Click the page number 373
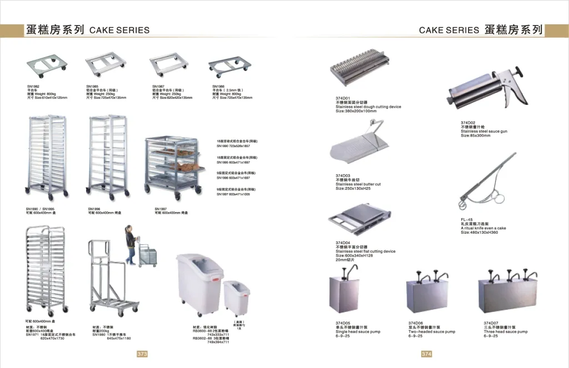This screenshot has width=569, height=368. (142, 354)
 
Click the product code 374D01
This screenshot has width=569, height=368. (343, 98)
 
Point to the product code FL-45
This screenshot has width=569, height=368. (467, 219)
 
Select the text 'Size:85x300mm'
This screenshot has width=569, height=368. (476, 135)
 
